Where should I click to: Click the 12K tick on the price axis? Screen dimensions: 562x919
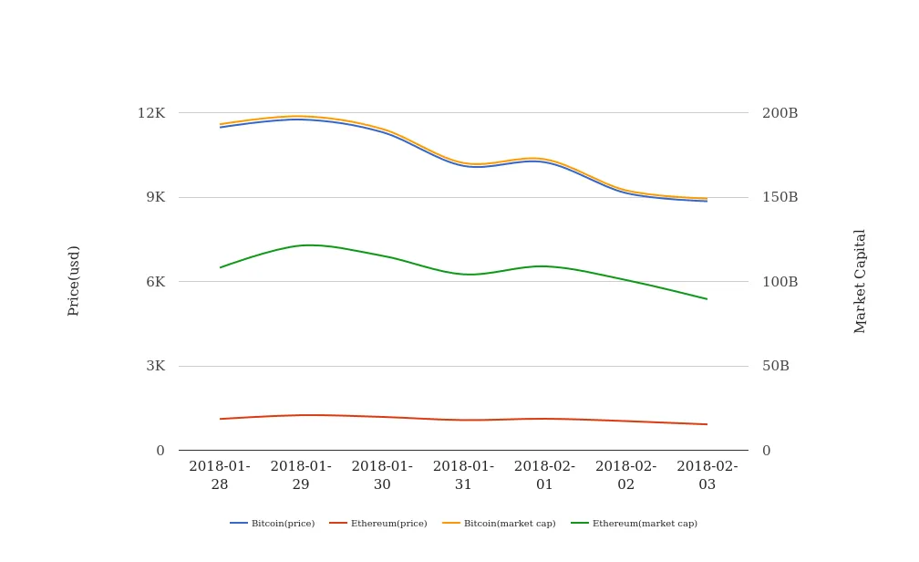pos(151,113)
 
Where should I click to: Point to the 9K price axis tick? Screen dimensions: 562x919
pos(155,197)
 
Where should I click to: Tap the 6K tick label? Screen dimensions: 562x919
pos(155,282)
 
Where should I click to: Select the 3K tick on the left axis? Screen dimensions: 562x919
pos(155,366)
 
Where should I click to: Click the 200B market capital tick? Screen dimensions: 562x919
pos(780,113)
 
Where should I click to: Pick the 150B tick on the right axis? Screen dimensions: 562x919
pos(780,197)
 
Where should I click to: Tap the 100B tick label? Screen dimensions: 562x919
pos(780,282)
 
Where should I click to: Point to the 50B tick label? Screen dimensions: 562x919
pos(776,366)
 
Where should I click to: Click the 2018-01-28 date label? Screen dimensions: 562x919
pos(220,475)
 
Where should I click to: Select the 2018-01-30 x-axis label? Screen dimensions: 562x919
pos(382,475)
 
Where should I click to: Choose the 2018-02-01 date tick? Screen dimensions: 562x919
pos(544,475)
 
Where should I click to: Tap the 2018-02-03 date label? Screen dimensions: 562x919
pos(707,475)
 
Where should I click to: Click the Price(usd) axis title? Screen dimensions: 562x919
pos(74,281)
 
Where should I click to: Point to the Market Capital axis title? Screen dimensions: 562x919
pos(861,281)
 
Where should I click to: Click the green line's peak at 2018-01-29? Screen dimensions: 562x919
pos(303,245)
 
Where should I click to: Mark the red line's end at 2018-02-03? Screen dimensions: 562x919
pos(707,424)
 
